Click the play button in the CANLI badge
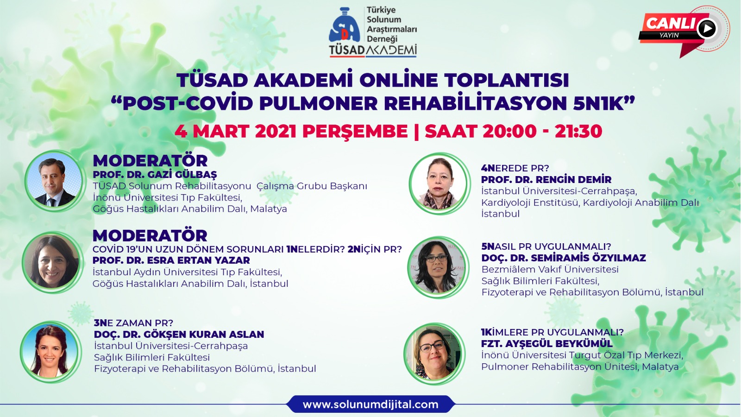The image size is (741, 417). (x=707, y=28)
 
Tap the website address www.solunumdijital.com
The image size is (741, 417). (x=370, y=404)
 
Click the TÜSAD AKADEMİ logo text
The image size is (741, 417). (x=373, y=50)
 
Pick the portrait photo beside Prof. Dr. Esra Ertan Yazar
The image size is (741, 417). (x=52, y=262)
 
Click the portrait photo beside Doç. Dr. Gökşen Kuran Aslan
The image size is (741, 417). (x=50, y=352)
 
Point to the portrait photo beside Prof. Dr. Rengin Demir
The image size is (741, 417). (x=439, y=183)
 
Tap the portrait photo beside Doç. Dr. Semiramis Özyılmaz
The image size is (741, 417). (x=437, y=267)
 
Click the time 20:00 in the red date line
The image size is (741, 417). (x=509, y=131)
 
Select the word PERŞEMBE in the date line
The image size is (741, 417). (x=355, y=132)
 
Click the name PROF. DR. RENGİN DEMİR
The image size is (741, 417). (x=546, y=179)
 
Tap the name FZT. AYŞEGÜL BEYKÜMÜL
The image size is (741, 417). (x=547, y=343)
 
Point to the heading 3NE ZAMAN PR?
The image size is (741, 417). (x=133, y=322)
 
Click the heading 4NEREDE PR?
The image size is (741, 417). (x=515, y=168)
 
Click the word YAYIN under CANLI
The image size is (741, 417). (x=669, y=35)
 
